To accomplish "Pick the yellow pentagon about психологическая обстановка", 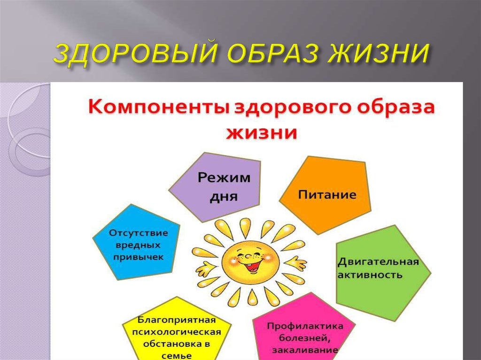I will point(176,333).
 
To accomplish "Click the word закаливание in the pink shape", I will point(305,350).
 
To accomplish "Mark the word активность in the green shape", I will point(370,275).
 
